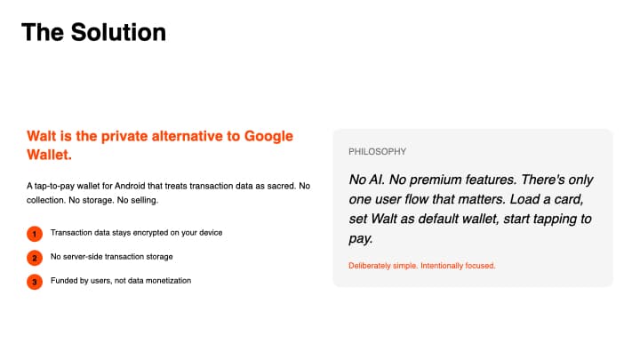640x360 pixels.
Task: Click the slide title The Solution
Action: [93, 32]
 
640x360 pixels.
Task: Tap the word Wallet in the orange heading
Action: [49, 155]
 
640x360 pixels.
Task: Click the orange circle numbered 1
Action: [35, 233]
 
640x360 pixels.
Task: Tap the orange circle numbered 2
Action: [35, 258]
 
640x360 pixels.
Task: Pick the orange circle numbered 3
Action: [35, 282]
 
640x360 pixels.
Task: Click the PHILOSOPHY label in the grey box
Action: [377, 152]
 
